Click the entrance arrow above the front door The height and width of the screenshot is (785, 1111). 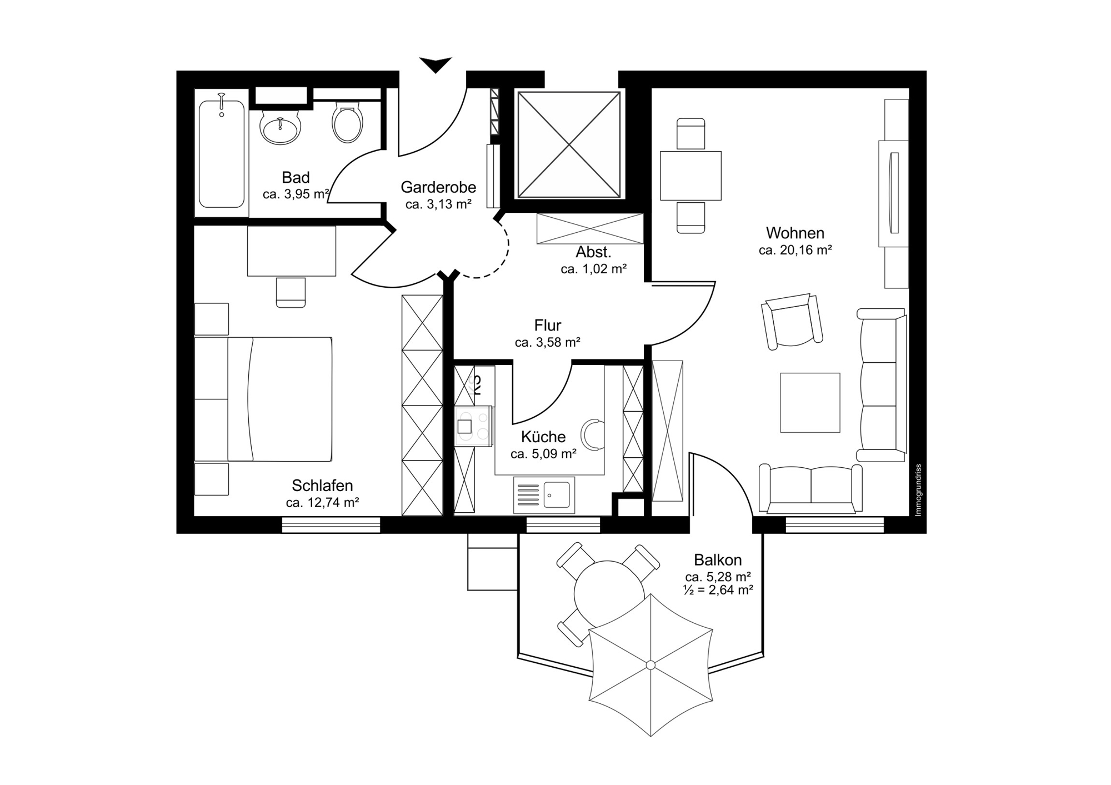coord(436,64)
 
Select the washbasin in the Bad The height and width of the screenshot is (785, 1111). coord(281,127)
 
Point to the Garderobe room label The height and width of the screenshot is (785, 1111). coord(438,187)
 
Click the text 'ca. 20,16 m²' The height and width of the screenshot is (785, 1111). coord(795,250)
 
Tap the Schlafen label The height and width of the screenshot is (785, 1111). coord(322,486)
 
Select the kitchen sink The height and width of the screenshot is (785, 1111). coord(544,495)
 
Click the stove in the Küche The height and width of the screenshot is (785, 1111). coord(473,426)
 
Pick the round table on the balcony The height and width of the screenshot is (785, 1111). coord(609,593)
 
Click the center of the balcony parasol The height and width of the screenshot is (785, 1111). coord(650,665)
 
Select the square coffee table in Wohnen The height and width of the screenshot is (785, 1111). coord(810,402)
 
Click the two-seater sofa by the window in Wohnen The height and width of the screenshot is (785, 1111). coord(810,488)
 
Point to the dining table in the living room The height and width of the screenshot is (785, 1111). coord(690,176)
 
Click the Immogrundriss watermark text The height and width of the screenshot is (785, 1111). coord(918,490)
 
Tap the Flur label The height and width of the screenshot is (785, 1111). coord(548,325)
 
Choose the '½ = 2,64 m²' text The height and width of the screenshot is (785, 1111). coord(718,590)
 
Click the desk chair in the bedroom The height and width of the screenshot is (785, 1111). coord(291,292)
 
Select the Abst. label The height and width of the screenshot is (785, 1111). coord(593,252)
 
